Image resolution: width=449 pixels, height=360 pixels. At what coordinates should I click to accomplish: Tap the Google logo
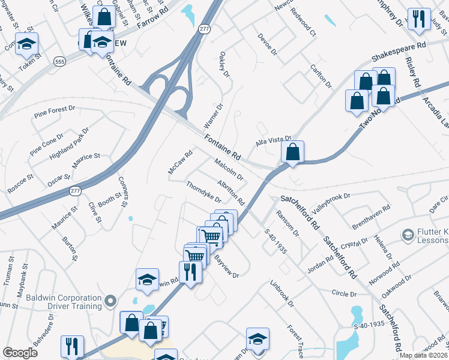20,353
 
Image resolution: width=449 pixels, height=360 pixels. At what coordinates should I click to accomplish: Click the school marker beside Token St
26,44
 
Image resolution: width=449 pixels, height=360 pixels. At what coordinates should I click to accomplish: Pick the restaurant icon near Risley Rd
418,19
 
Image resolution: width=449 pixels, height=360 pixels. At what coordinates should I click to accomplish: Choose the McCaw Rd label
179,163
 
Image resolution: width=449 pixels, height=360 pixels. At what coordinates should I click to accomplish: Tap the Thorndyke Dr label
204,192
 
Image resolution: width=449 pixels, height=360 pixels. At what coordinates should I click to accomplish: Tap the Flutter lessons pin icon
408,233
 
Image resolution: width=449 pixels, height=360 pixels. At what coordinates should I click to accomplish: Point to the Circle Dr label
344,294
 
